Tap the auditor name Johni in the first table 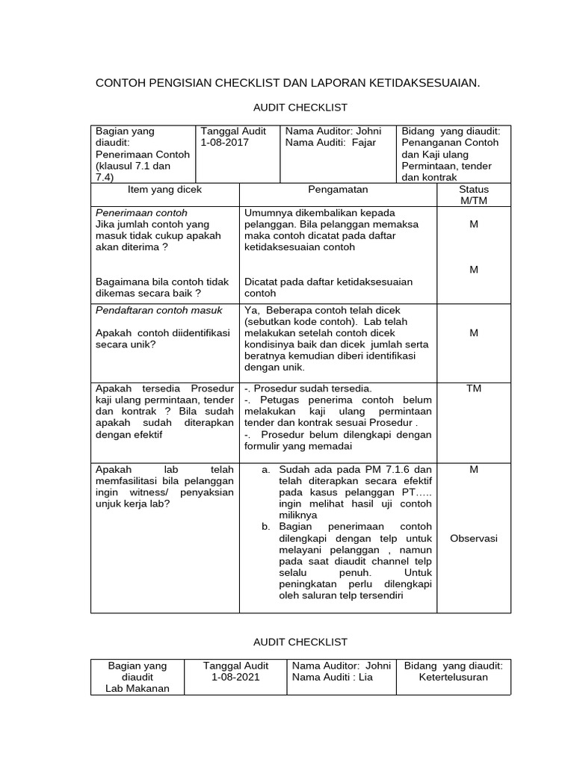point(366,131)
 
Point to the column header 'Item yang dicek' point(164,190)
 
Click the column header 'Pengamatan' point(337,190)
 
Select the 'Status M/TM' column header point(473,196)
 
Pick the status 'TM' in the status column point(473,389)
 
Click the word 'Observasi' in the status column point(473,539)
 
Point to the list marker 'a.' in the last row point(265,470)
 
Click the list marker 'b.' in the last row point(265,527)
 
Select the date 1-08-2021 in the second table point(235,677)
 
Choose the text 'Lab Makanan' point(138,689)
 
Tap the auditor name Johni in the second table point(375,665)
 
